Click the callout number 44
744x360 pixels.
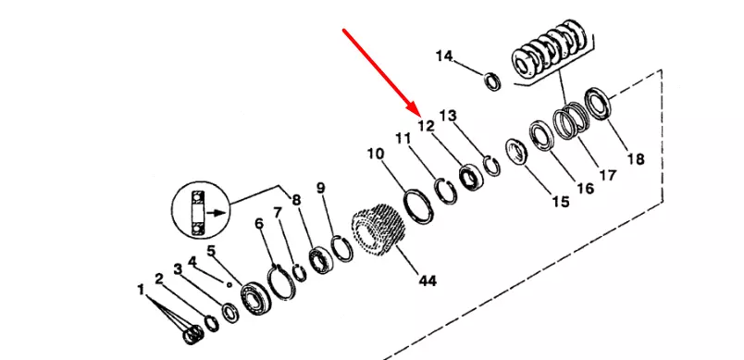click(x=427, y=280)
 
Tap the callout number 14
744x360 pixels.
click(x=444, y=56)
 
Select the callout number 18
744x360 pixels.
click(x=636, y=159)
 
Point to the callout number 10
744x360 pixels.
click(x=376, y=154)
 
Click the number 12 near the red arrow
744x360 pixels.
click(x=426, y=126)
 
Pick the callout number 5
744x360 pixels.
click(x=211, y=251)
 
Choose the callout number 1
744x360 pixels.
click(x=141, y=289)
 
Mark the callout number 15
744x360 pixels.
click(x=561, y=202)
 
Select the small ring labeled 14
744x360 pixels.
click(x=492, y=81)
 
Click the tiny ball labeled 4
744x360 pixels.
click(x=229, y=285)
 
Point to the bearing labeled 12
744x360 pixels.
click(x=471, y=177)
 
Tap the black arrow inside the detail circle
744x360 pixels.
click(x=217, y=213)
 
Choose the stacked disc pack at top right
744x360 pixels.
click(x=552, y=51)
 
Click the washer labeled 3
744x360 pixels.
click(x=231, y=313)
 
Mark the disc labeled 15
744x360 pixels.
click(x=516, y=152)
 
